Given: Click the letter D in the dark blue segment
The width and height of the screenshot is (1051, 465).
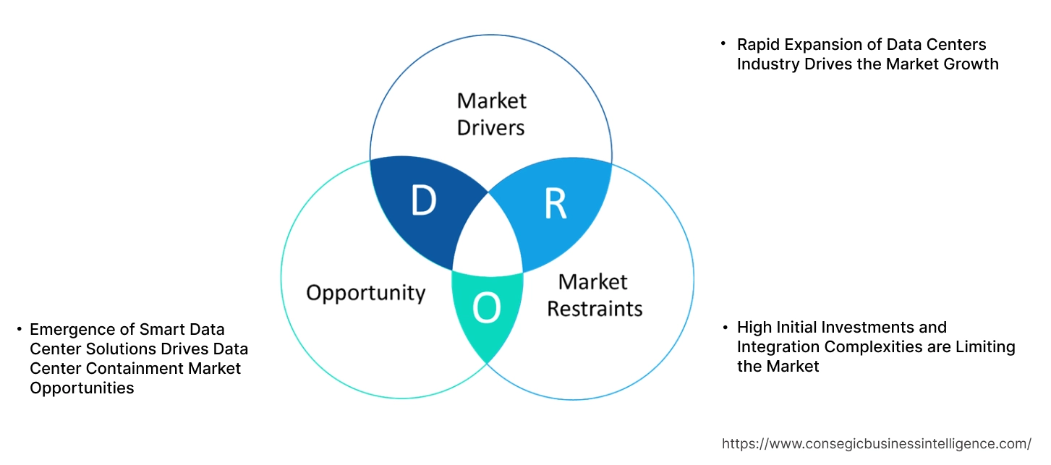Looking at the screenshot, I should pos(423,201).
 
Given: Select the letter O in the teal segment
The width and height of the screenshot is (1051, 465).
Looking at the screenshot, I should pos(486,309).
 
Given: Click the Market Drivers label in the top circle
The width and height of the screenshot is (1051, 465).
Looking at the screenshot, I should pos(492,114).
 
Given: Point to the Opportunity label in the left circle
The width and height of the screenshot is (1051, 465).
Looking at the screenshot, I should pos(365,293).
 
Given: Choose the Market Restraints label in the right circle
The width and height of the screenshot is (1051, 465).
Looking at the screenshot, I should pos(594,295).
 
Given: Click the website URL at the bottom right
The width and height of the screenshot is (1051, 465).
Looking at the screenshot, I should pos(877,443).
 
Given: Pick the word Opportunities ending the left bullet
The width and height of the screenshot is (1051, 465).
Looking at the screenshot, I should pos(82,388).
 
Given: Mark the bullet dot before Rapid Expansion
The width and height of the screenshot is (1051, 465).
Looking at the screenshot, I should pos(723,45).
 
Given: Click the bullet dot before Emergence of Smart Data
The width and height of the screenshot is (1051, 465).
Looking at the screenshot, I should pos(19,330).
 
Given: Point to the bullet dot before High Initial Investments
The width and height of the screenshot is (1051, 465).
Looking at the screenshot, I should pos(725,328).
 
